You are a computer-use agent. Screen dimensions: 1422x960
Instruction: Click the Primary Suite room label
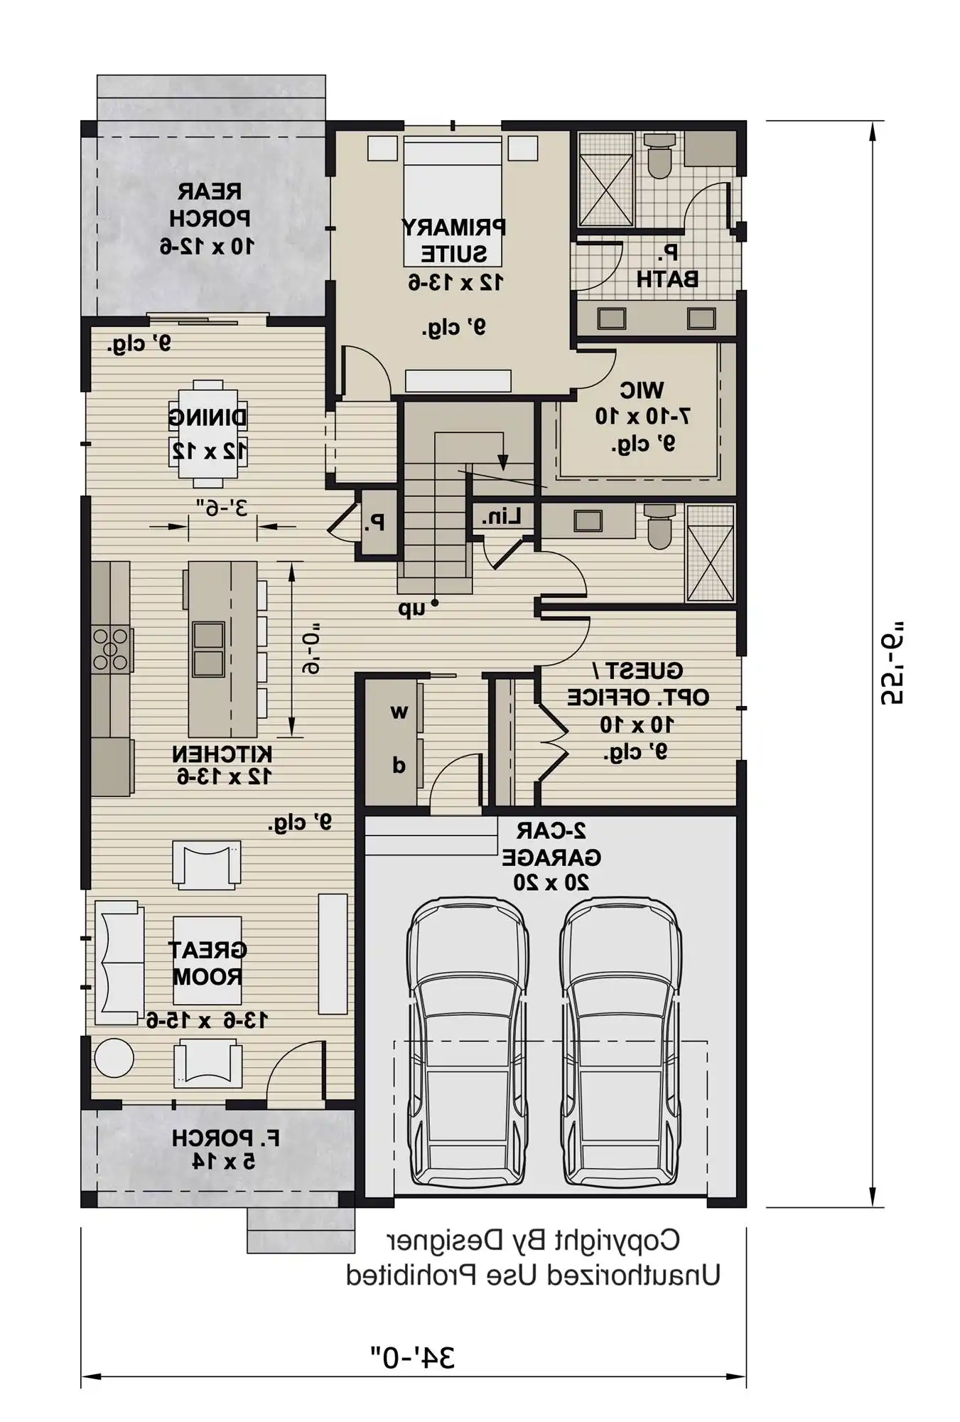pyautogui.click(x=454, y=241)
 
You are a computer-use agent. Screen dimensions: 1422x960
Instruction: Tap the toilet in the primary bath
pyautogui.click(x=660, y=158)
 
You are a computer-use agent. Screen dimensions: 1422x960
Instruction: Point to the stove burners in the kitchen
pyautogui.click(x=112, y=649)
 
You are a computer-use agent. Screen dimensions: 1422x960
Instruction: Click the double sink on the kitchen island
pyautogui.click(x=208, y=648)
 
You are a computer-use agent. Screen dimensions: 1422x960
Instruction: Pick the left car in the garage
pyautogui.click(x=468, y=1044)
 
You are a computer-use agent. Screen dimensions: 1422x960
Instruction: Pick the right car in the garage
pyautogui.click(x=620, y=1044)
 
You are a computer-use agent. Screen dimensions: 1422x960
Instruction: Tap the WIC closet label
pyautogui.click(x=642, y=390)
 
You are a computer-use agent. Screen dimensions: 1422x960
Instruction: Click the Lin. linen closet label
pyautogui.click(x=501, y=517)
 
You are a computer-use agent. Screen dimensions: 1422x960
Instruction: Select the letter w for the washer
pyautogui.click(x=399, y=711)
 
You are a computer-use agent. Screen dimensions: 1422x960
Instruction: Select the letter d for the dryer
pyautogui.click(x=399, y=765)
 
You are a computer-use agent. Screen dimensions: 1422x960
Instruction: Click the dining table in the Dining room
pyautogui.click(x=208, y=434)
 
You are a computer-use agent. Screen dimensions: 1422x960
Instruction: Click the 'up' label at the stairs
pyautogui.click(x=411, y=609)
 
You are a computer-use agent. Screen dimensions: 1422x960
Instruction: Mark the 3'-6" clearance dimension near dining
pyautogui.click(x=222, y=508)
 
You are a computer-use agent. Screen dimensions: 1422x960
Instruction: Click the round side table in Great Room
pyautogui.click(x=114, y=1058)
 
